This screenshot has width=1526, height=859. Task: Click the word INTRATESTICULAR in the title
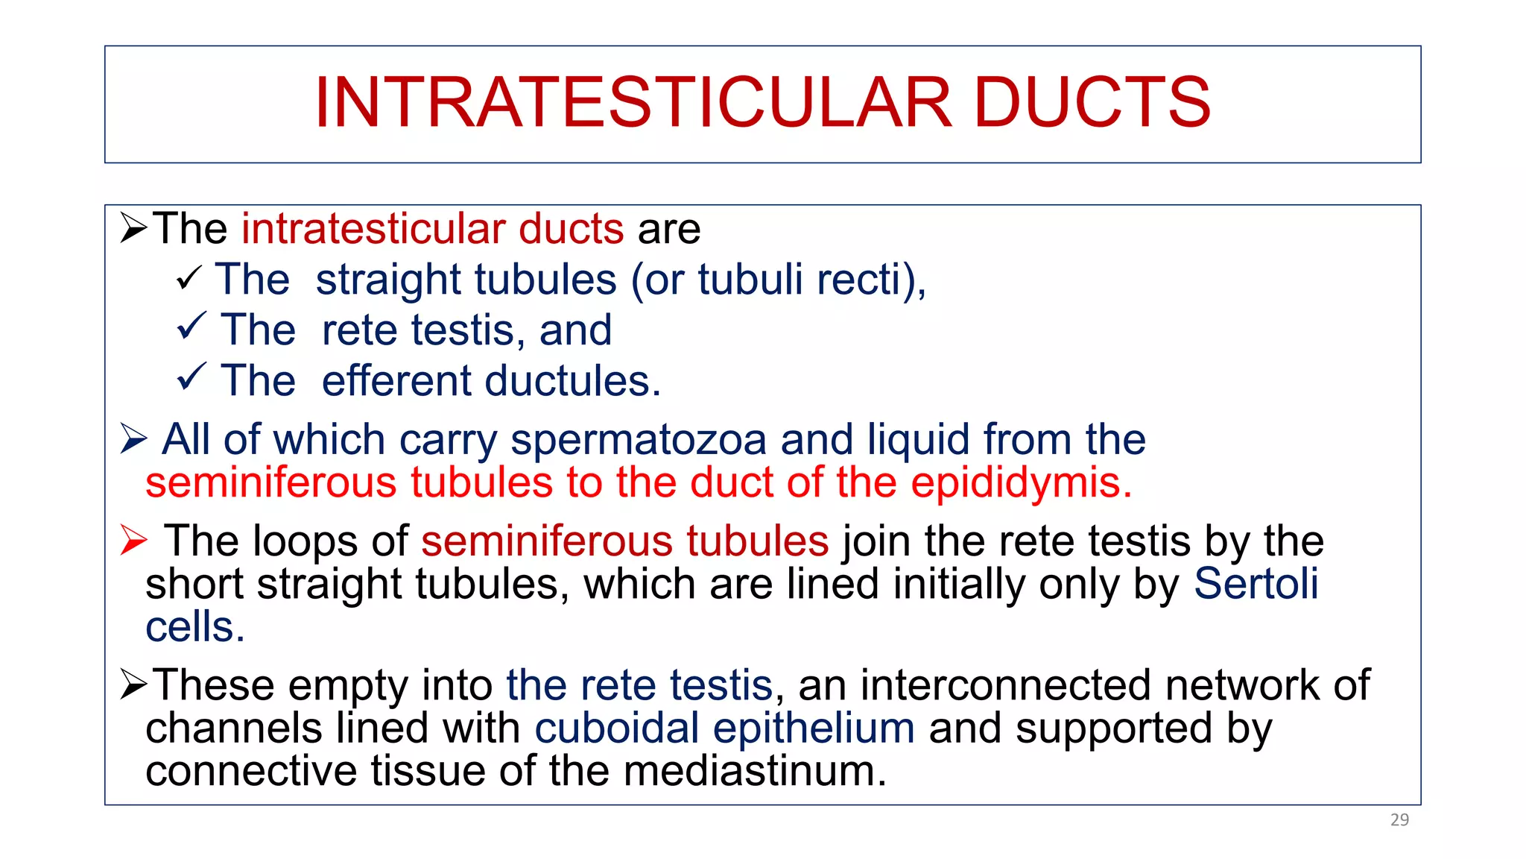pyautogui.click(x=633, y=102)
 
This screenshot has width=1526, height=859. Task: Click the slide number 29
pyautogui.click(x=1399, y=819)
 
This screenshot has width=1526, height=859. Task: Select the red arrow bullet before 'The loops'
pyautogui.click(x=134, y=540)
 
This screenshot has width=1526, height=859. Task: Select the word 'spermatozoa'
pyautogui.click(x=639, y=439)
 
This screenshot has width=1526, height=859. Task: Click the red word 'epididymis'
pyautogui.click(x=1021, y=482)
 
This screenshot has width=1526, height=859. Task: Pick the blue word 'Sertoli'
pyautogui.click(x=1256, y=583)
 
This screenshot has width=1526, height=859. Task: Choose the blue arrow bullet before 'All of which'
pyautogui.click(x=134, y=438)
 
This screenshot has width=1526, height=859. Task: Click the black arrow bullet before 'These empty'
pyautogui.click(x=134, y=684)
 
